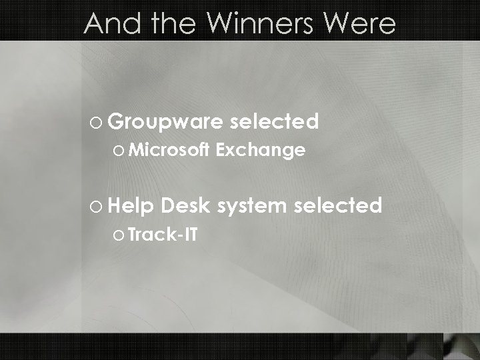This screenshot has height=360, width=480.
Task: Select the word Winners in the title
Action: pyautogui.click(x=259, y=24)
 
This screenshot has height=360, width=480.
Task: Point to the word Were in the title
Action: pyautogui.click(x=363, y=24)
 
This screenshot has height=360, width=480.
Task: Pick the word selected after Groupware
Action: pyautogui.click(x=273, y=121)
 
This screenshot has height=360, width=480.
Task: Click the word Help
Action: pyautogui.click(x=133, y=205)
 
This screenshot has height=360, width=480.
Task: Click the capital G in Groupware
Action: pyautogui.click(x=115, y=122)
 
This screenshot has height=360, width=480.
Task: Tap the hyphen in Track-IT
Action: pyautogui.click(x=179, y=236)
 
